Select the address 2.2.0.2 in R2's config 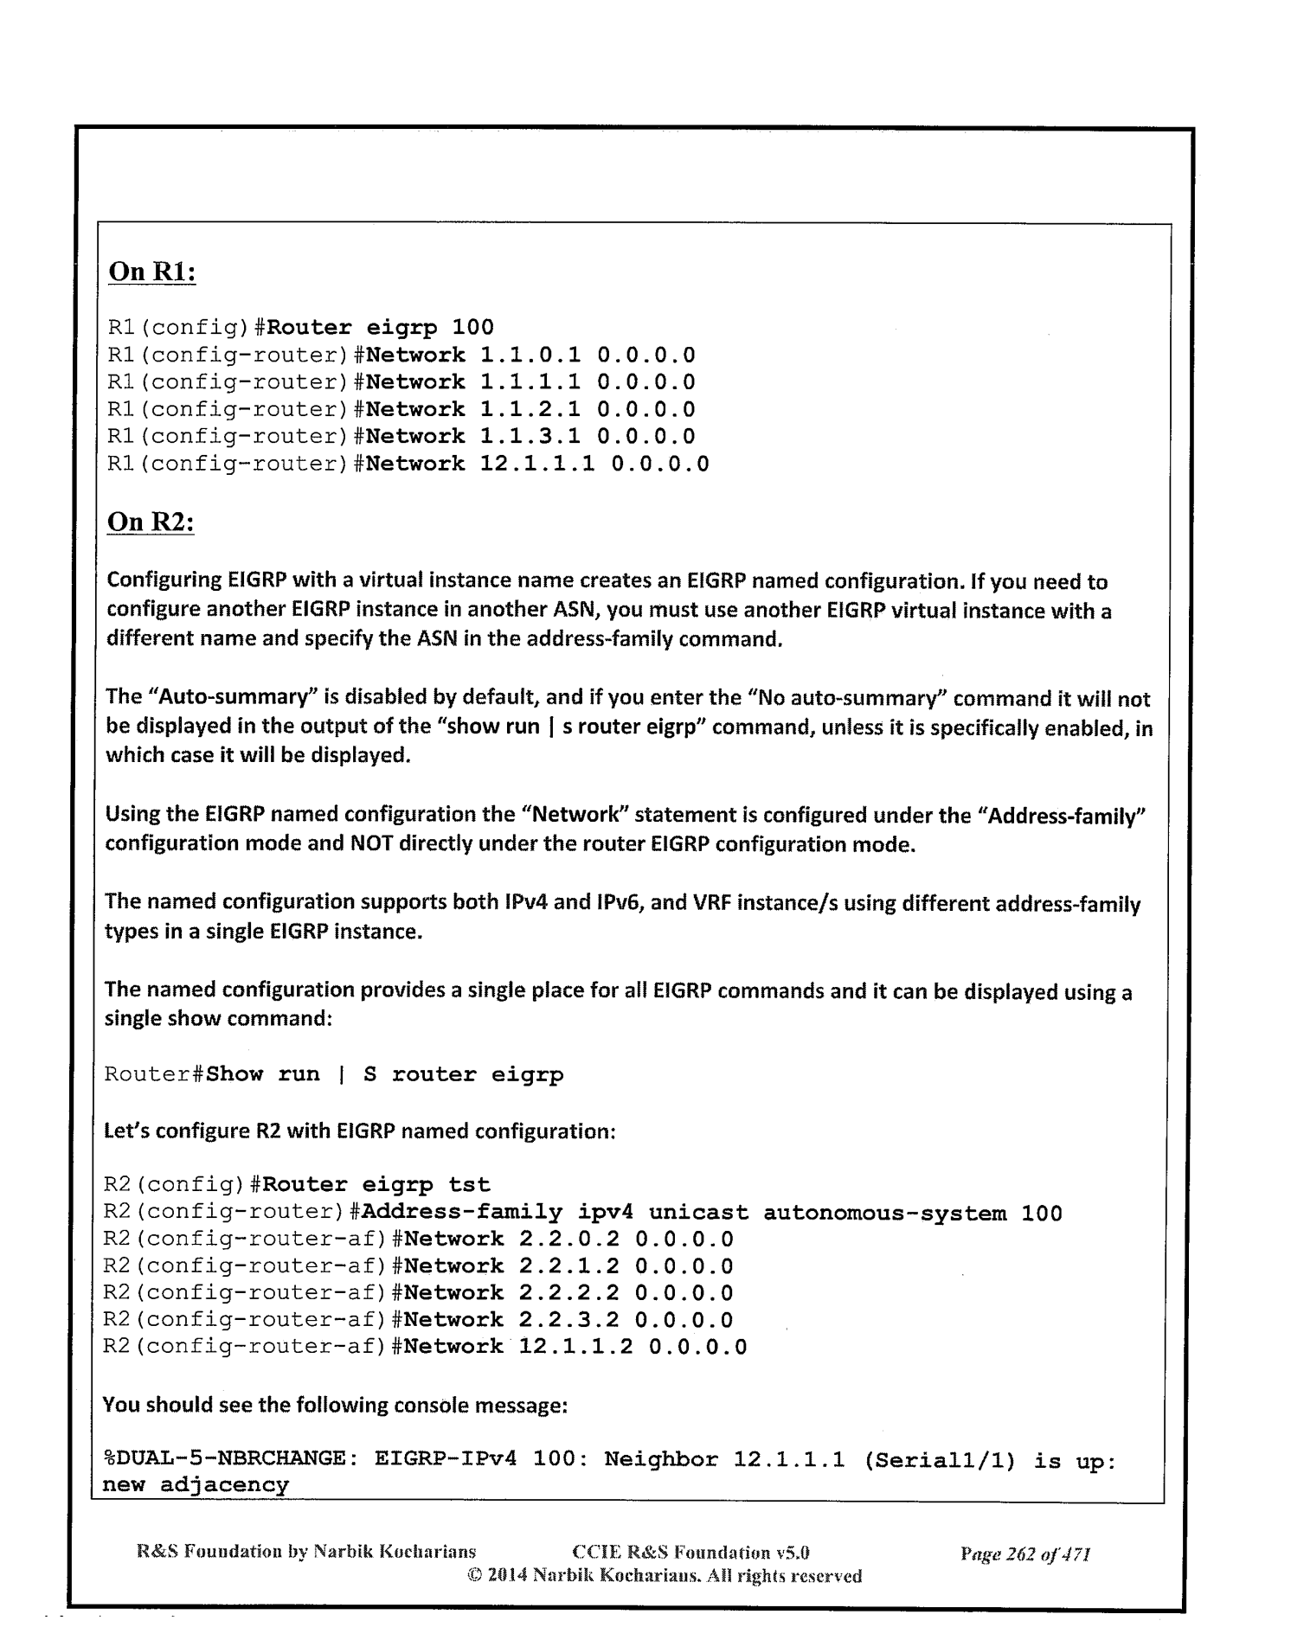pyautogui.click(x=568, y=1239)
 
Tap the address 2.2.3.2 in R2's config pyautogui.click(x=568, y=1319)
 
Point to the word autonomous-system pyautogui.click(x=884, y=1213)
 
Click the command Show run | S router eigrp pyautogui.click(x=385, y=1075)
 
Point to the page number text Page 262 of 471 pyautogui.click(x=1024, y=1554)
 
